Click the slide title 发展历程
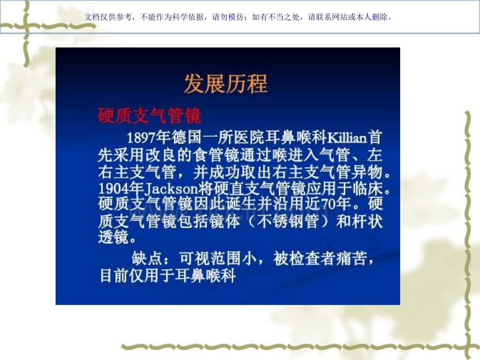pyautogui.click(x=225, y=84)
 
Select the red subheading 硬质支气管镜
pyautogui.click(x=149, y=116)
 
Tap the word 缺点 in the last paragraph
pyautogui.click(x=146, y=259)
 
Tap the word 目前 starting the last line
pyautogui.click(x=114, y=277)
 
